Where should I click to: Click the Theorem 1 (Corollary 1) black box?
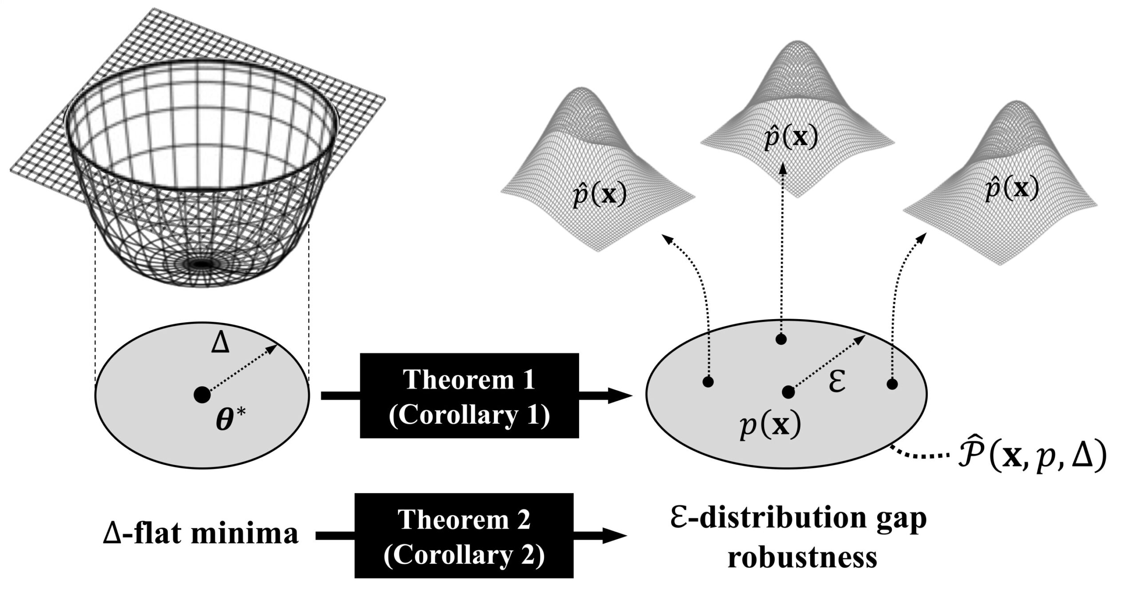point(469,395)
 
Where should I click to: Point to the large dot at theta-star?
point(202,395)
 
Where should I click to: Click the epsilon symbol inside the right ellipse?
point(837,383)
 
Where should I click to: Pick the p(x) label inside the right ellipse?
point(770,426)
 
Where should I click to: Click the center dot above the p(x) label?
point(788,392)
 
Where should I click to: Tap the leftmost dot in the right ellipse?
point(708,382)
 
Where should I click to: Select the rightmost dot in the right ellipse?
point(892,384)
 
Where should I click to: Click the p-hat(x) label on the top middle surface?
point(791,138)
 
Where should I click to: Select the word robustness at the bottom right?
point(802,557)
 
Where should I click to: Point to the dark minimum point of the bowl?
point(202,264)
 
